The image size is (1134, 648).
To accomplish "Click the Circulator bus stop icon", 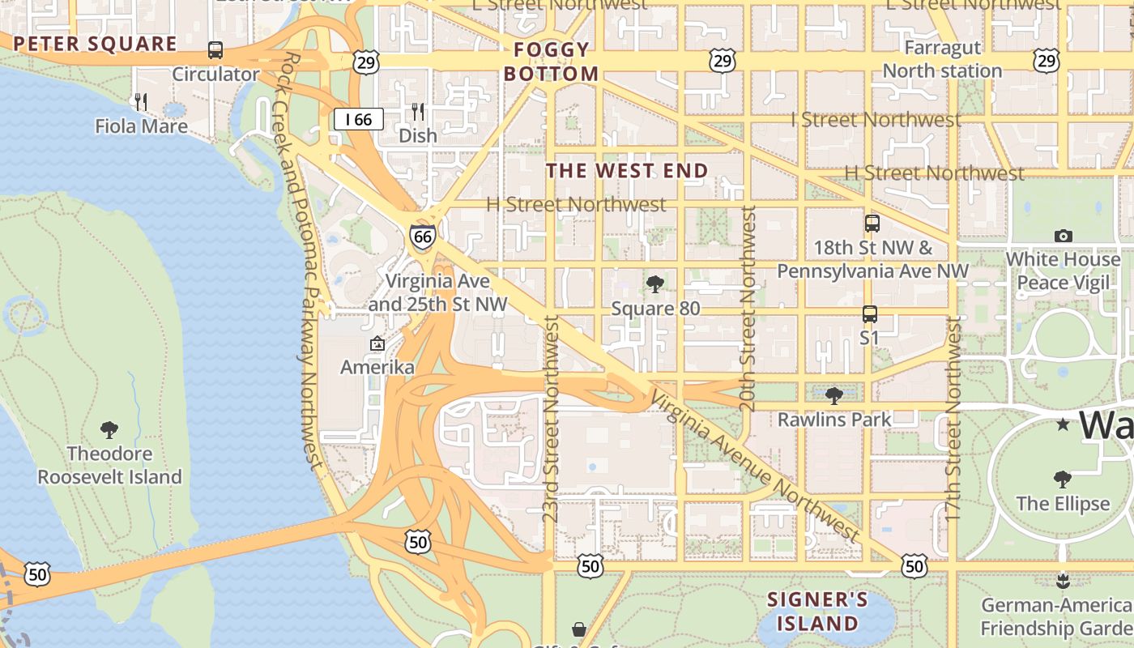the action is click(x=215, y=50).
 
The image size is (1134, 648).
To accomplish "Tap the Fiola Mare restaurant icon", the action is click(x=141, y=101).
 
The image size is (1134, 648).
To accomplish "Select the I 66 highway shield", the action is click(x=358, y=120).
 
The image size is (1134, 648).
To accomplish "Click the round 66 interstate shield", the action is click(x=422, y=237).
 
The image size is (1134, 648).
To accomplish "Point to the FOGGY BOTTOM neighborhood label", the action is click(x=552, y=62).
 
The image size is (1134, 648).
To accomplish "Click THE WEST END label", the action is click(x=627, y=171).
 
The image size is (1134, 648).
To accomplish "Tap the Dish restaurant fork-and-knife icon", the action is click(x=418, y=111).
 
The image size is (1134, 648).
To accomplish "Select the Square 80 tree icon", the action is click(x=655, y=284).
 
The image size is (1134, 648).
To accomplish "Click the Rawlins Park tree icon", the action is click(x=833, y=395).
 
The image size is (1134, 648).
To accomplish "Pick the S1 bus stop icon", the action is click(x=869, y=313).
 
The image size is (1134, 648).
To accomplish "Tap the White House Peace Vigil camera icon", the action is click(x=1064, y=236).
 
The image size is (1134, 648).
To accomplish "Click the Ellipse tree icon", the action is click(x=1063, y=480).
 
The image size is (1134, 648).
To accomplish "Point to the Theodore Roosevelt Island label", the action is click(x=110, y=465).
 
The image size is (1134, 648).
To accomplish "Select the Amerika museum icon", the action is click(x=377, y=344).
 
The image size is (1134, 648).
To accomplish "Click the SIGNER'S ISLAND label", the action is click(x=817, y=612).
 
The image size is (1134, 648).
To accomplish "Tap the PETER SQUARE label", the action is click(x=95, y=44).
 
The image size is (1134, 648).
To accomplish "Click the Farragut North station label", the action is click(x=942, y=59).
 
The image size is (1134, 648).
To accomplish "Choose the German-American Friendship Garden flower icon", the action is click(x=1064, y=580).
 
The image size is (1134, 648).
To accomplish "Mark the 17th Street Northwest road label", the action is click(x=953, y=418).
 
